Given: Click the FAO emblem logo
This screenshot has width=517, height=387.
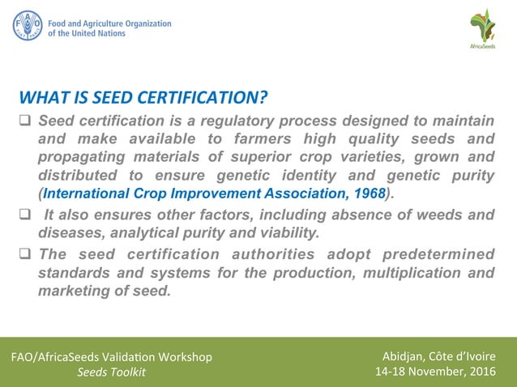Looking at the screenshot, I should click(27, 25).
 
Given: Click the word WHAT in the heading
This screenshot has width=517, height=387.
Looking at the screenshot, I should click(41, 99).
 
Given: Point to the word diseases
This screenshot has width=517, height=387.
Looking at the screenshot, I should click(67, 232).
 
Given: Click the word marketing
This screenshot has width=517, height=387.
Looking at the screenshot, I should click(71, 291).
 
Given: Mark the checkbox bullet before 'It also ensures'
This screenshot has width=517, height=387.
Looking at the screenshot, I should click(24, 215).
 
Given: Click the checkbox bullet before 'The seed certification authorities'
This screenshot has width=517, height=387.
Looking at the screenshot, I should click(24, 254).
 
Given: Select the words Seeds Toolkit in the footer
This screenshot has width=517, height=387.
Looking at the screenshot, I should click(111, 372).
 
